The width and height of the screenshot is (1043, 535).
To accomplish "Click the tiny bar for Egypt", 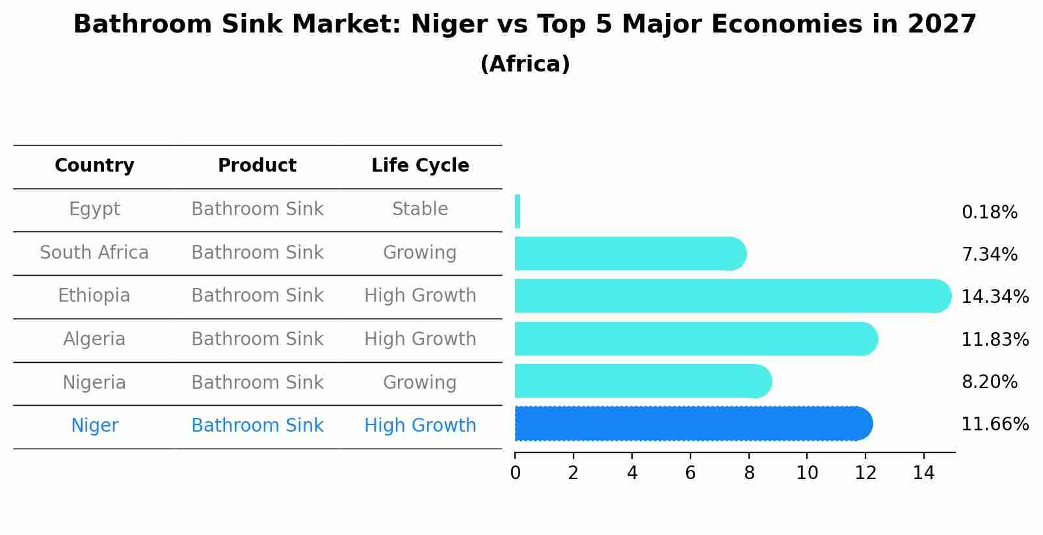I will point(518,211).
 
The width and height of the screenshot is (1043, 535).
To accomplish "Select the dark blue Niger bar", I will point(693,424).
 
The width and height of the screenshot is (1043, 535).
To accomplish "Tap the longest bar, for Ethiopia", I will point(732,296).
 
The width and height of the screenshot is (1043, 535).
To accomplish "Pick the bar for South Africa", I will point(629,254).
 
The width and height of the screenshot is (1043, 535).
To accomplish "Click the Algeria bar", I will point(696,339).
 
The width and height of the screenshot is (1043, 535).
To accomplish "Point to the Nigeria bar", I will point(642,381).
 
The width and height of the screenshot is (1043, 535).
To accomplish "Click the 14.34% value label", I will point(994,297).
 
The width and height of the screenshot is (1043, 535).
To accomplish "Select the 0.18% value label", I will point(989,213).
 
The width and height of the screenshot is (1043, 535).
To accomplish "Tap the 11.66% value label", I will point(994,424).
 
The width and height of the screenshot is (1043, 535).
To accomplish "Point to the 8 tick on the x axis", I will point(749,473).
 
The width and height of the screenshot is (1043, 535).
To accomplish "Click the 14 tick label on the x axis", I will point(923,473).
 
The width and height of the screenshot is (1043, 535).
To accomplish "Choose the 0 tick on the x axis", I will point(516,473).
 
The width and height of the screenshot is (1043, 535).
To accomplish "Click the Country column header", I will point(94,166).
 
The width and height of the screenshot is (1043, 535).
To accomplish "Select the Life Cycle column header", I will point(420,166).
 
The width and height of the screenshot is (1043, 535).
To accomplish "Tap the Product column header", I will point(257,166).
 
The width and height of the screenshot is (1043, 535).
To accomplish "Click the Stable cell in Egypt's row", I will point(420,209).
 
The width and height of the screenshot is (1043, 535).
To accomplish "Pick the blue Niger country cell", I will point(94,426).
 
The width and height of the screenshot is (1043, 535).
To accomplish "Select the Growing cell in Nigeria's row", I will point(420,382).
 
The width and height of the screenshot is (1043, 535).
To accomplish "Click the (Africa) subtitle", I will point(525,64).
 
